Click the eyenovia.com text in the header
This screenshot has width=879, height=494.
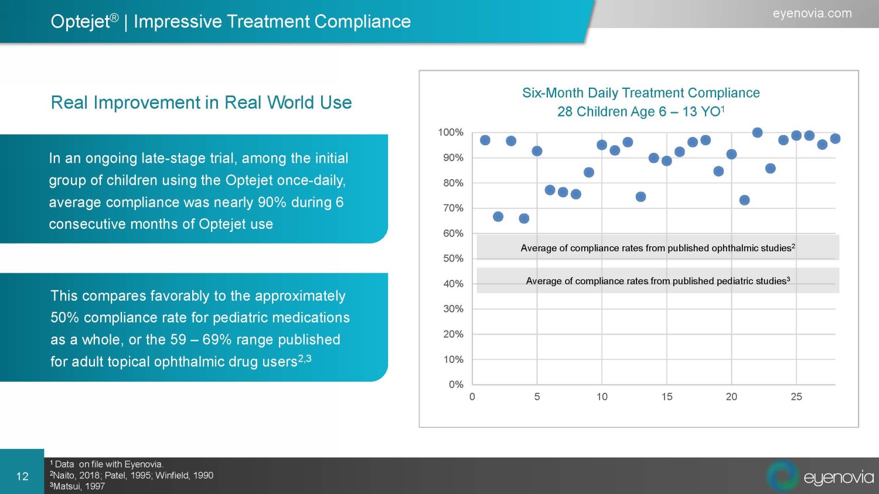tap(812, 13)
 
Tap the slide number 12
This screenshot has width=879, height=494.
tap(22, 476)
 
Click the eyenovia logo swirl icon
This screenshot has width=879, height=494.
tap(783, 476)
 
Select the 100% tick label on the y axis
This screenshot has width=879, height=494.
tap(451, 132)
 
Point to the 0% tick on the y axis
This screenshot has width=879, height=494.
tap(456, 385)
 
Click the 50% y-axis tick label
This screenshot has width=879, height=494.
tap(453, 258)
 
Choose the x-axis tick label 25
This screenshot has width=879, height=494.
tap(796, 397)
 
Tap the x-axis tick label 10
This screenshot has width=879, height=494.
tap(602, 397)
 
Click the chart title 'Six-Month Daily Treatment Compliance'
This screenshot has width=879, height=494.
tap(640, 93)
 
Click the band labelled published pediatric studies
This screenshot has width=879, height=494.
tap(657, 281)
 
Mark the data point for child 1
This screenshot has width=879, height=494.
tap(485, 140)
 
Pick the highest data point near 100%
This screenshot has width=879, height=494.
tap(757, 133)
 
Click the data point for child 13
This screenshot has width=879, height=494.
tap(640, 197)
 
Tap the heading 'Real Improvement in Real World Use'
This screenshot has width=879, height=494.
tap(201, 102)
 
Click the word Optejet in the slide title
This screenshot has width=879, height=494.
tap(80, 22)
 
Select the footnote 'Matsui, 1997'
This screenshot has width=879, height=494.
tap(79, 486)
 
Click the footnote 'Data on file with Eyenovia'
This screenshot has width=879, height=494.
tap(109, 464)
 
